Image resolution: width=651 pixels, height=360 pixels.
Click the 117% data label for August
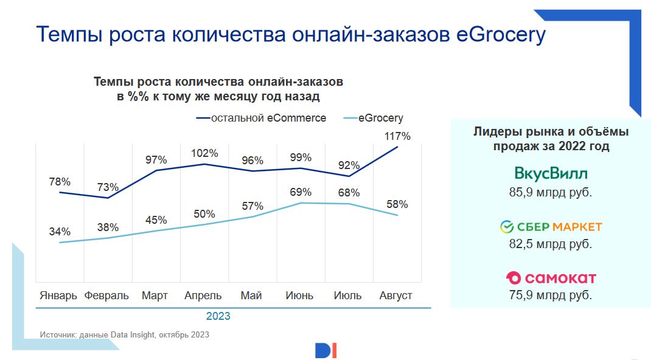click(x=397, y=136)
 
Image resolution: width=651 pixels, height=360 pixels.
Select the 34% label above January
click(x=60, y=232)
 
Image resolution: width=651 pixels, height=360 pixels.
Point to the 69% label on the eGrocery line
click(x=301, y=192)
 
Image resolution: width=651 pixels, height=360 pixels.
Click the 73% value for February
click(x=108, y=187)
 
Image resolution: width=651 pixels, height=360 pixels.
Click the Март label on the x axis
click(x=155, y=296)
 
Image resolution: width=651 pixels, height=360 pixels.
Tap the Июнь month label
click(x=299, y=296)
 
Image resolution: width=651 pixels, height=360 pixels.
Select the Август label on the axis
click(x=395, y=296)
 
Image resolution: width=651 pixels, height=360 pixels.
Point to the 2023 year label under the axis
click(x=218, y=316)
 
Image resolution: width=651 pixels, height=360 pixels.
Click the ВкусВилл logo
click(x=551, y=174)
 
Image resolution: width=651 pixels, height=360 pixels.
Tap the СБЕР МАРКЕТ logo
click(x=551, y=227)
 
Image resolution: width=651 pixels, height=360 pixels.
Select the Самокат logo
click(x=551, y=279)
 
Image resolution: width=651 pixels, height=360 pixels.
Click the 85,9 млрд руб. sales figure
click(x=551, y=193)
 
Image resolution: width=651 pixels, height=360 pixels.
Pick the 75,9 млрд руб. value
click(x=551, y=296)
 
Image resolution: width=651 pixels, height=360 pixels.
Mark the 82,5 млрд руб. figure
click(x=551, y=244)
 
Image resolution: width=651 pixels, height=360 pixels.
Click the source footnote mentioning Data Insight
click(x=124, y=335)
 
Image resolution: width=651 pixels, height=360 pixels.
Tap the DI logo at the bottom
click(x=325, y=350)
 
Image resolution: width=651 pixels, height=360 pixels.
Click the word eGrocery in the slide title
click(x=500, y=35)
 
